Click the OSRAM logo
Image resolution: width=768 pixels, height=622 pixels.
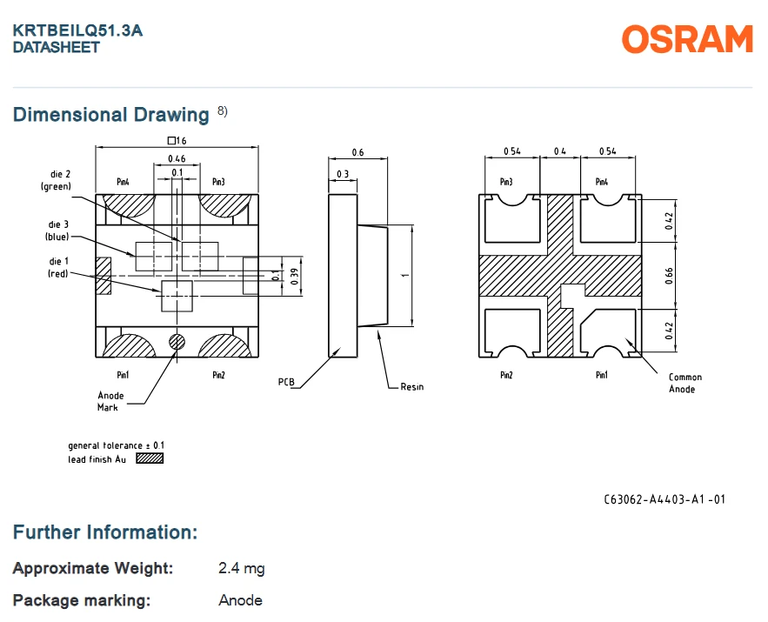687,39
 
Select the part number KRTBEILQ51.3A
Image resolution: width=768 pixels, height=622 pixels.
77,30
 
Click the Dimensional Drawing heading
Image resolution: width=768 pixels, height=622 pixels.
111,115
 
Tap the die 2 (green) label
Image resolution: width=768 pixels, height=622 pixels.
56,180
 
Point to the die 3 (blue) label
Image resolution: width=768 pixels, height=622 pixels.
57,231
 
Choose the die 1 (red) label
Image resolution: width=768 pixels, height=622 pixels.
58,267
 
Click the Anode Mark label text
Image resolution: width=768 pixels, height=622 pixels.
110,402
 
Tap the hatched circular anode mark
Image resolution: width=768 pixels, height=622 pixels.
177,342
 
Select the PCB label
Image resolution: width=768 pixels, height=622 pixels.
286,382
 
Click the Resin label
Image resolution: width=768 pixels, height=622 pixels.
412,387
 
